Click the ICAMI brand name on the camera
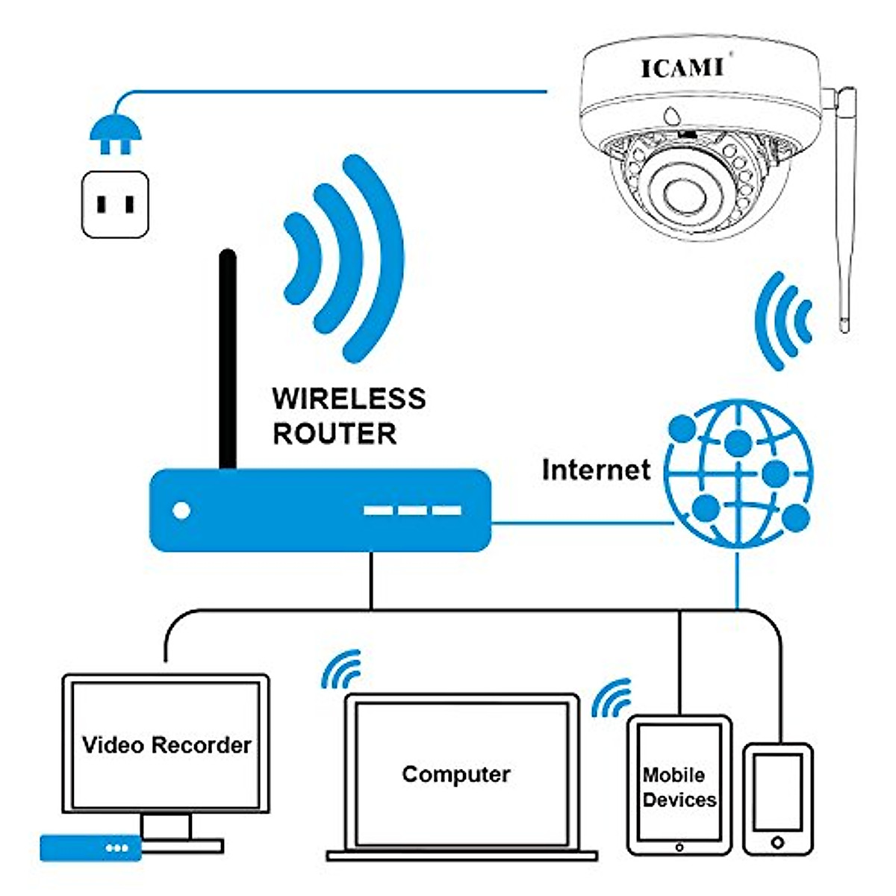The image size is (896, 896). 682,68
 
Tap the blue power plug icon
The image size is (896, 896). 115,134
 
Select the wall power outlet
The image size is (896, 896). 115,204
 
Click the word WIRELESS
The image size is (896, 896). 349,399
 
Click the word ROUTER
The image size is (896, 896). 334,434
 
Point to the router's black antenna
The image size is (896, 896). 228,358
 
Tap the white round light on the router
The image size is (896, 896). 181,511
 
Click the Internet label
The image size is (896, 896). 596,470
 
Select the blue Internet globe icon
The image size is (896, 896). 738,474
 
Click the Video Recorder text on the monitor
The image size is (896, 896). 167,745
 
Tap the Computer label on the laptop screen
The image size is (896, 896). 455,774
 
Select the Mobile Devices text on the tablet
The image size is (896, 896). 679,787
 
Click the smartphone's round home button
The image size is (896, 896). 777,842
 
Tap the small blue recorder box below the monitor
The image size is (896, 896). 90,847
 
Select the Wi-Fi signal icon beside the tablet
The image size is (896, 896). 612,697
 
